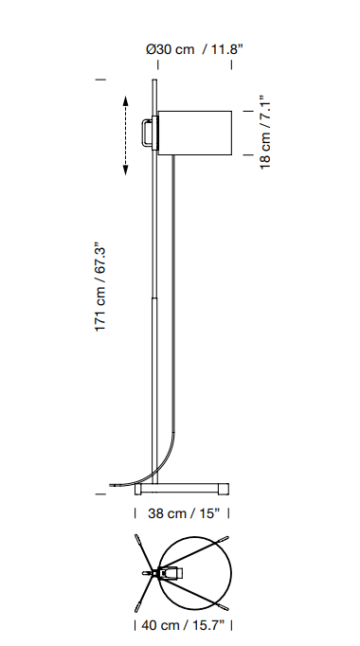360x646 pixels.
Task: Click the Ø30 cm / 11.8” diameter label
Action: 194,49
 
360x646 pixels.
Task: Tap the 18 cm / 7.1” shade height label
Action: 265,133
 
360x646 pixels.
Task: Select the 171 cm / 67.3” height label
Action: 100,287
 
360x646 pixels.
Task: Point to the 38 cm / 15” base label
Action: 184,513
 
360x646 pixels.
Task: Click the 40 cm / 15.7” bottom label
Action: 183,625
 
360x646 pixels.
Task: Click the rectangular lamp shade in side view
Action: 195,133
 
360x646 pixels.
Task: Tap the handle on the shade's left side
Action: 147,132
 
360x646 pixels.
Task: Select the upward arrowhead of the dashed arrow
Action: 126,101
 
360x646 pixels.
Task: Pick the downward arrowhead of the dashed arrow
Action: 126,170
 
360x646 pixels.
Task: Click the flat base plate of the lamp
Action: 182,489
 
